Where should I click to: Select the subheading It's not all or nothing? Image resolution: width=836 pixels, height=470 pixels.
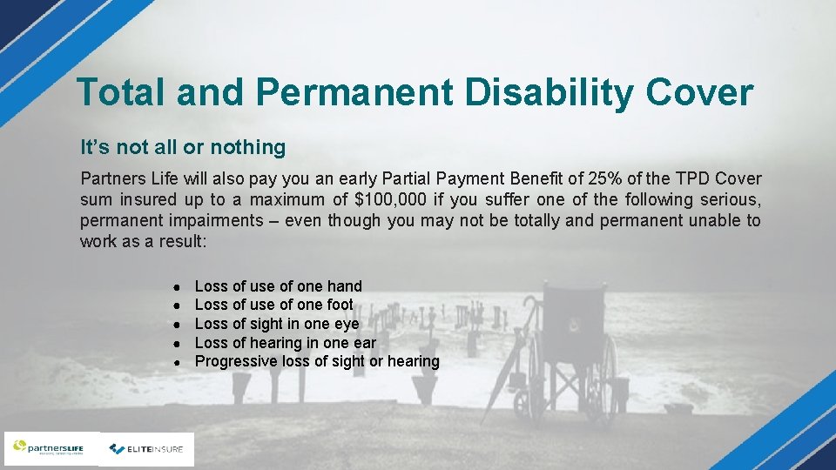pos(183,147)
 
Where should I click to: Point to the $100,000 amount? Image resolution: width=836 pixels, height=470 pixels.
pos(383,200)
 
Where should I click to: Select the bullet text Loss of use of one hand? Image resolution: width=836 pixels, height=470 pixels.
pos(278,286)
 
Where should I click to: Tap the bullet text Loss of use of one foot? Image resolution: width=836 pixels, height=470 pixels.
pos(273,305)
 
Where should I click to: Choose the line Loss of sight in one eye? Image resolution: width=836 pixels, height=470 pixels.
pos(276,324)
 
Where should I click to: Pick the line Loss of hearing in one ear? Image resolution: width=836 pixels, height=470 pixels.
pos(285,343)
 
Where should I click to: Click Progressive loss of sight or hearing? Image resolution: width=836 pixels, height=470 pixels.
pos(317,361)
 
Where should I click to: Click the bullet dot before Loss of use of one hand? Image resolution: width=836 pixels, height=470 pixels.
pos(176,287)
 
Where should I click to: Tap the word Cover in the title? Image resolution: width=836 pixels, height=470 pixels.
pos(698,91)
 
